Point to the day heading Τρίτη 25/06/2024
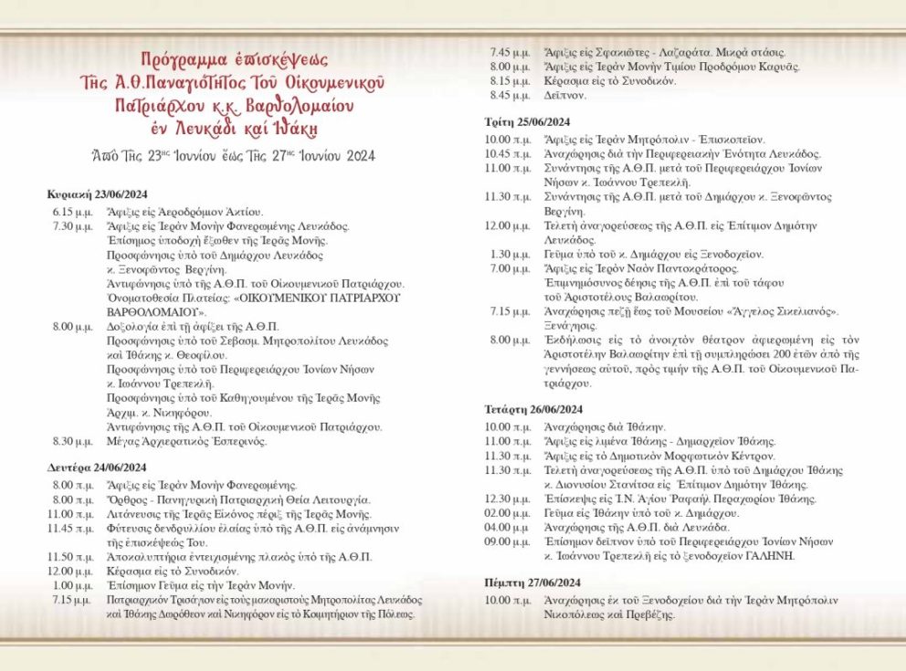click(x=527, y=122)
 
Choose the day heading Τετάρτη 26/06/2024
click(x=533, y=409)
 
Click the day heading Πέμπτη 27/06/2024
click(x=533, y=582)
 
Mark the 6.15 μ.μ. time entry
click(x=71, y=211)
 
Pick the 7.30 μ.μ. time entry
click(x=71, y=225)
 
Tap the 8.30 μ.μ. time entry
click(x=71, y=442)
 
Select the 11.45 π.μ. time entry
click(x=71, y=529)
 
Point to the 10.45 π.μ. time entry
click(x=506, y=153)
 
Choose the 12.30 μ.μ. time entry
click(x=506, y=498)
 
